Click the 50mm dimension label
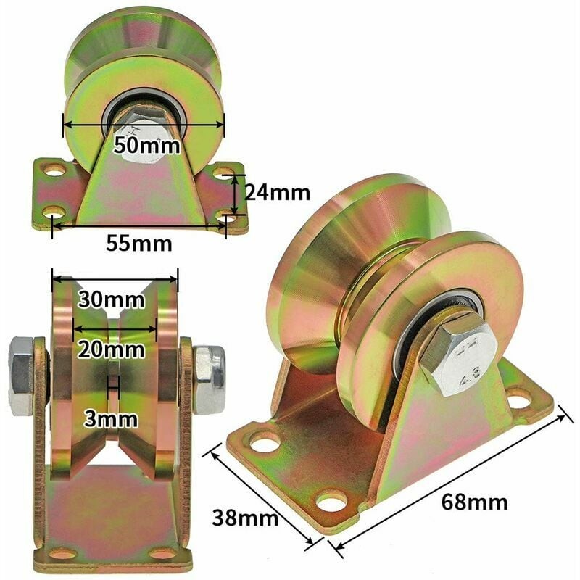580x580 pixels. pyautogui.click(x=147, y=146)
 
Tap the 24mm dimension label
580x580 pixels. pyautogui.click(x=278, y=193)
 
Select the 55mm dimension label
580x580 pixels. pyautogui.click(x=139, y=244)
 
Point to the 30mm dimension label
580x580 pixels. pyautogui.click(x=111, y=299)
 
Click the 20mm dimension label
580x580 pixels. pyautogui.click(x=111, y=349)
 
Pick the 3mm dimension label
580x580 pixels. pyautogui.click(x=111, y=419)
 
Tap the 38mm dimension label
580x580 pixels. pyautogui.click(x=245, y=518)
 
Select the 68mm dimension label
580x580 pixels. pyautogui.click(x=475, y=502)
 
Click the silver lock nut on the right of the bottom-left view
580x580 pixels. pyautogui.click(x=209, y=379)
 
